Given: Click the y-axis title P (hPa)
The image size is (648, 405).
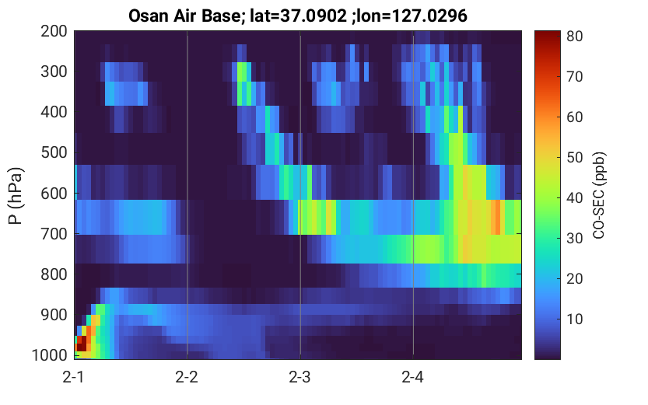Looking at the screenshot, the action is point(15,196).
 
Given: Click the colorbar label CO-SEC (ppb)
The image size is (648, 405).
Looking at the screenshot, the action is point(598,196).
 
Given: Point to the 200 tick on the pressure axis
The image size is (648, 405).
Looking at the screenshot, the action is point(54,31).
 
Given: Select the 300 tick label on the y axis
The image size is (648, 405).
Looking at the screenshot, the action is point(54,72).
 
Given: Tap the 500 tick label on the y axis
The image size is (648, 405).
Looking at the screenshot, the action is point(54,152).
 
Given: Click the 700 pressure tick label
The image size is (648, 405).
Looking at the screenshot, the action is point(54,234).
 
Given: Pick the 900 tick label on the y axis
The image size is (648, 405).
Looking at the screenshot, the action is point(54,315).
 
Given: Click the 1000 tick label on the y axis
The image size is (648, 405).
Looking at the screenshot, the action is point(50,355).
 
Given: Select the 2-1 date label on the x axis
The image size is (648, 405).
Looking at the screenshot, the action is point(74,377).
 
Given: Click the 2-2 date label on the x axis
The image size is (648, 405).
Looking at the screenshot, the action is point(187,377).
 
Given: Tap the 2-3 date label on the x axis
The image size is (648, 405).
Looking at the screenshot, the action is point(300,377).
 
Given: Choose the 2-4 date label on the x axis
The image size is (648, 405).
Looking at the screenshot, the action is point(413,377).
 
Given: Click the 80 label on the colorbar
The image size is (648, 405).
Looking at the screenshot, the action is point(575,37).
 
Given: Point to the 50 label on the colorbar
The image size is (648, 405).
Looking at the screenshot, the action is point(575,158).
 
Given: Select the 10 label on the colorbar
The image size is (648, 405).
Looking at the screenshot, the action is point(575,319).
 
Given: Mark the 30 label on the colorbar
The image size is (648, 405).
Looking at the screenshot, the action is point(575,238).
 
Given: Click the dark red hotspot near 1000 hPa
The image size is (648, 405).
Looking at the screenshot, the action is point(82,344).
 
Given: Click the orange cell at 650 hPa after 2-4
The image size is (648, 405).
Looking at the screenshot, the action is point(498,217).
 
